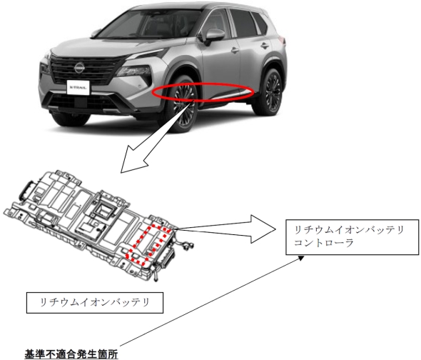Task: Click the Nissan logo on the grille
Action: click(79, 67)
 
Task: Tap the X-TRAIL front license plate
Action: click(78, 87)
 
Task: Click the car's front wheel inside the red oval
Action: click(183, 104)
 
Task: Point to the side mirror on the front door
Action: click(214, 36)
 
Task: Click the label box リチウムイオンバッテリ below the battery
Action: click(95, 303)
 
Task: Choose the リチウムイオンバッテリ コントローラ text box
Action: click(352, 237)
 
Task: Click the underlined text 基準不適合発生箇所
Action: click(71, 354)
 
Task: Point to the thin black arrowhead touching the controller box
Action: click(301, 258)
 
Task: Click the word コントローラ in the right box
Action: click(323, 243)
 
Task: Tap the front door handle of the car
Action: click(235, 50)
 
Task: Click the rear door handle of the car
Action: click(265, 46)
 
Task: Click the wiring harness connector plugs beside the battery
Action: click(186, 245)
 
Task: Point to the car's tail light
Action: click(282, 40)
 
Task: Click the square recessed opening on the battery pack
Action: click(103, 210)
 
